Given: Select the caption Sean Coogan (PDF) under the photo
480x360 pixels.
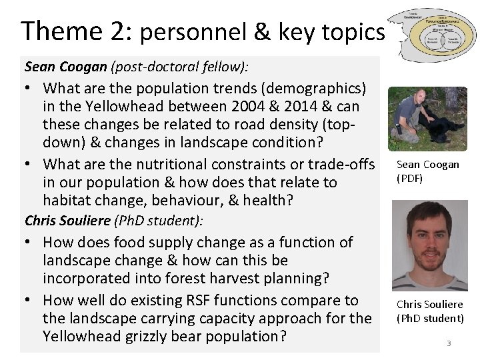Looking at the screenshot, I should pyautogui.click(x=427, y=171).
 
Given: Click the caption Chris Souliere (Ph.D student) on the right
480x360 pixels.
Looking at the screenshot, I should pyautogui.click(x=429, y=311).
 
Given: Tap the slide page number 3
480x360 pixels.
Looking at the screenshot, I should pyautogui.click(x=449, y=343).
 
